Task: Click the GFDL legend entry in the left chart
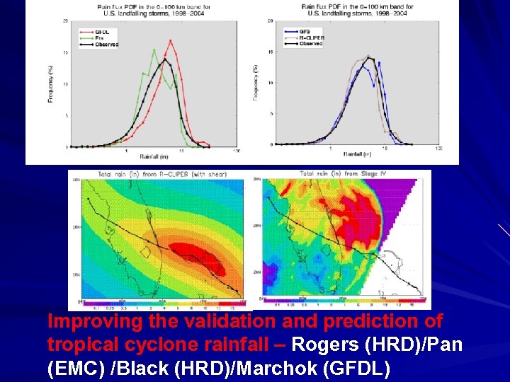91,32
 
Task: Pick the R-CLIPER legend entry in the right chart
309,37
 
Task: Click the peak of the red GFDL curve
170,41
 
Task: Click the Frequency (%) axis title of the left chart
50,84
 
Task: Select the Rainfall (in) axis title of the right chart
358,154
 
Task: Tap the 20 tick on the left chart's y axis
66,21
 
